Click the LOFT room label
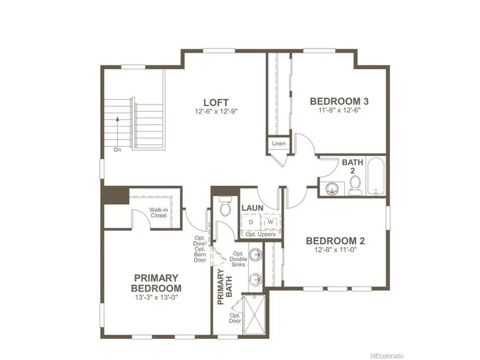216,102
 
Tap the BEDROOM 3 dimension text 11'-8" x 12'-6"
340,111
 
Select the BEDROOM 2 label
335,241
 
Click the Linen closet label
278,144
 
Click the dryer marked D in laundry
251,222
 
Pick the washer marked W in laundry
270,222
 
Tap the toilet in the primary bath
225,207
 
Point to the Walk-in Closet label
159,212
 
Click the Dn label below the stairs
117,150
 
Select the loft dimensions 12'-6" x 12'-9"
216,113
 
